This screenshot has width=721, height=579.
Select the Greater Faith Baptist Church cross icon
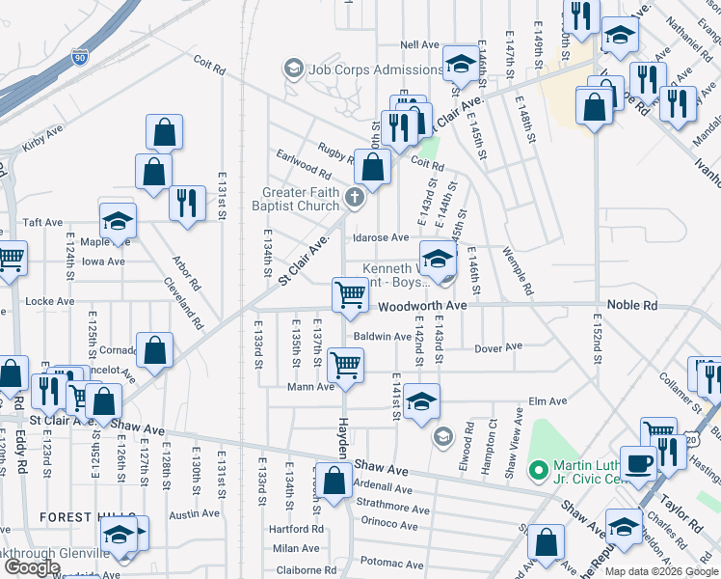355,199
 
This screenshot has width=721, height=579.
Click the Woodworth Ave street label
422,305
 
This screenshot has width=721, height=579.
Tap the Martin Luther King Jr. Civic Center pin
539,471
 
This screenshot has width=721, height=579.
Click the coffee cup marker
638,462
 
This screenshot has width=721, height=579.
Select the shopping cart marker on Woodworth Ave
350,295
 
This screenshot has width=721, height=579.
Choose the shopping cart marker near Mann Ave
345,365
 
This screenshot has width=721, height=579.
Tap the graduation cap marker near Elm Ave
421,400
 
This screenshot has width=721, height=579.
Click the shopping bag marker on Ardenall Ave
334,481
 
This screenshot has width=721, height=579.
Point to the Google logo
31,567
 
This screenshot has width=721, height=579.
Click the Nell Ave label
419,44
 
